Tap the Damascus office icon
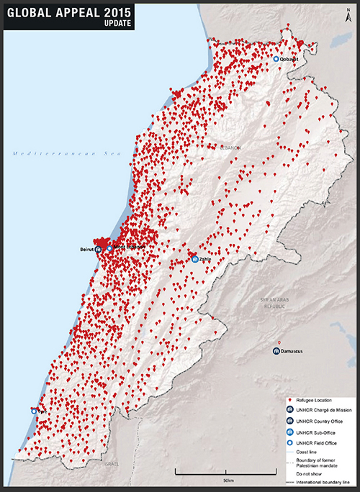(x=276, y=351)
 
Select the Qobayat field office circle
(x=276, y=59)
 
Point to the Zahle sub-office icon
(x=195, y=260)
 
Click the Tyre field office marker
(x=35, y=410)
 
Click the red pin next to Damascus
(x=279, y=342)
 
